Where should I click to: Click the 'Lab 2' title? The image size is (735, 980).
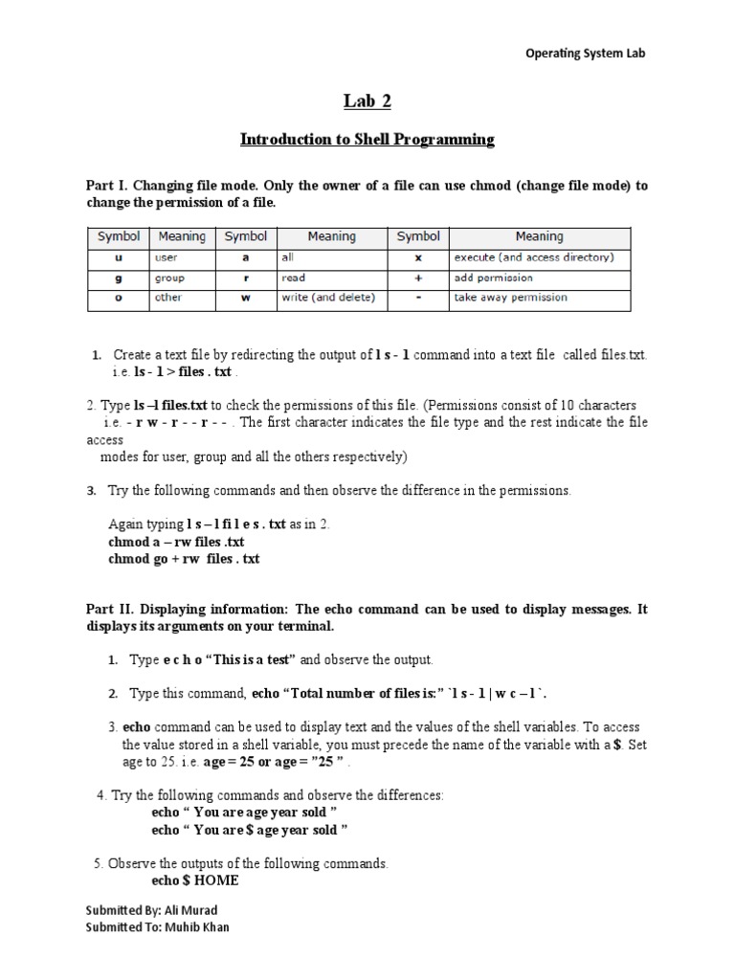367,101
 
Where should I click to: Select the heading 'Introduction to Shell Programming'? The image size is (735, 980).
367,140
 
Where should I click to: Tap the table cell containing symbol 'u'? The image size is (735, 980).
119,257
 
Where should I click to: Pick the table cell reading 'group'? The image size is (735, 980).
170,278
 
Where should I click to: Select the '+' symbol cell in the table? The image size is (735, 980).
418,278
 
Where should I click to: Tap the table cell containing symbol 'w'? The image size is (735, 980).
246,298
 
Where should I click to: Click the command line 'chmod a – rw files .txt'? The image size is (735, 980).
178,542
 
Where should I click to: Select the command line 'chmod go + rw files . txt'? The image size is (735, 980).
184,558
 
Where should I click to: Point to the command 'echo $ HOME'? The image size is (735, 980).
195,880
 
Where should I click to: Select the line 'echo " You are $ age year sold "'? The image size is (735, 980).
250,829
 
